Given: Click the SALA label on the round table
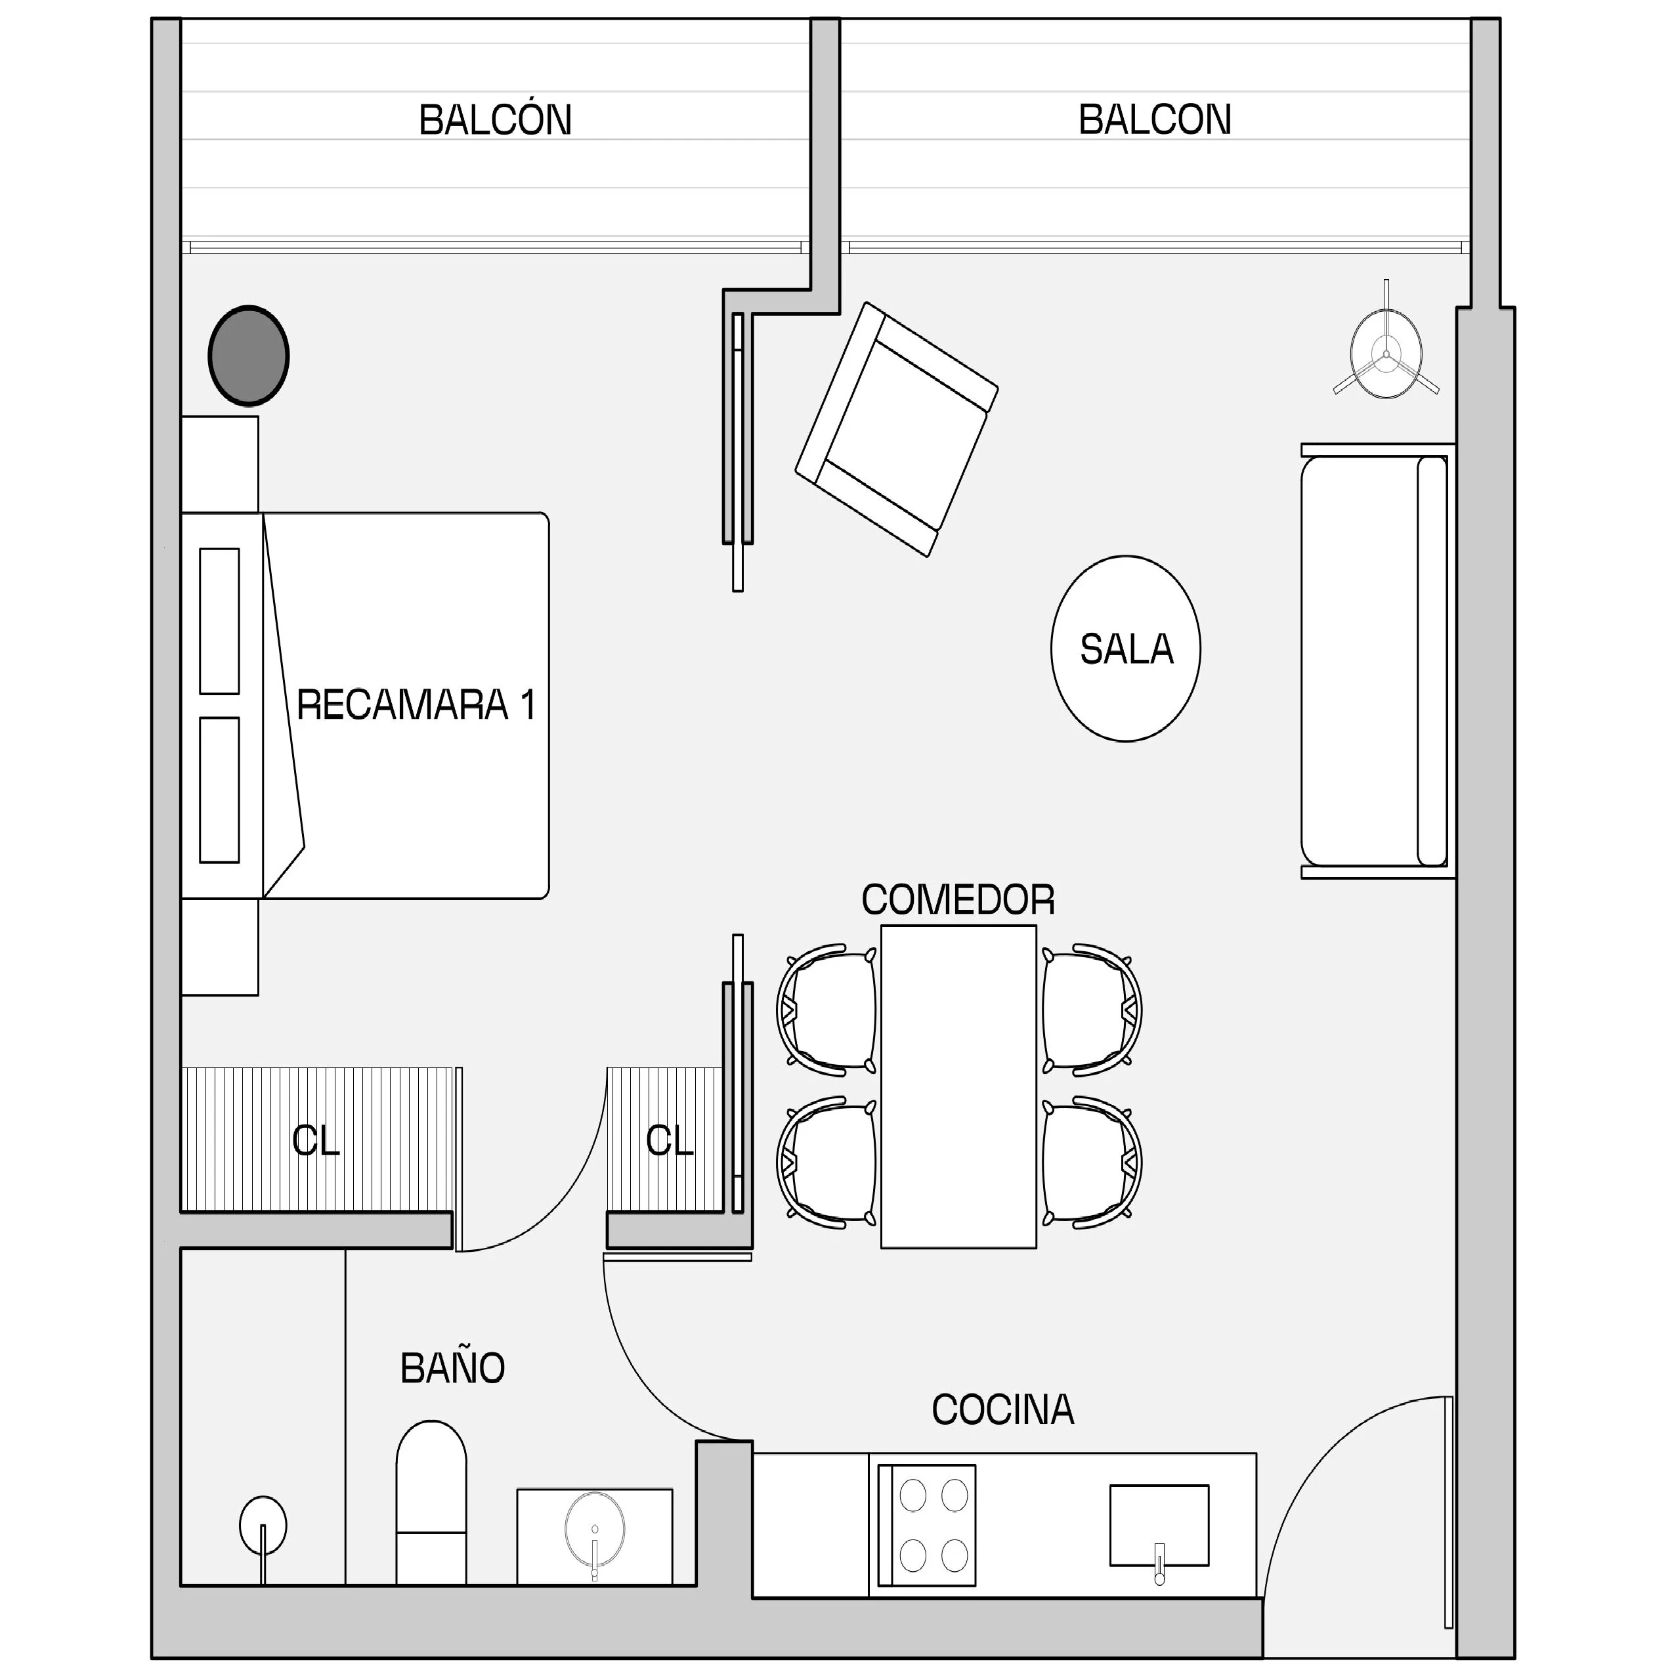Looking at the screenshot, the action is click(1127, 649).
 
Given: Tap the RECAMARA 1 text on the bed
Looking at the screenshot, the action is click(416, 704).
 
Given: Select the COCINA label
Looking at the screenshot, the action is click(1002, 1409).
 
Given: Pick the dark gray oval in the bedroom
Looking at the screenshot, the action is click(249, 355).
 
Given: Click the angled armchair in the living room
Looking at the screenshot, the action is click(897, 429).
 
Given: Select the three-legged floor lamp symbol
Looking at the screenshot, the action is click(1386, 347).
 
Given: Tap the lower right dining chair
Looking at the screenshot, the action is click(1092, 1162).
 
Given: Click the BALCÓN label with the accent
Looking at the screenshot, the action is click(496, 119).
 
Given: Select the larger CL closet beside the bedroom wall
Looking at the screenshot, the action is click(317, 1140).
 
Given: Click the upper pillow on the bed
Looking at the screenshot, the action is click(219, 621).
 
